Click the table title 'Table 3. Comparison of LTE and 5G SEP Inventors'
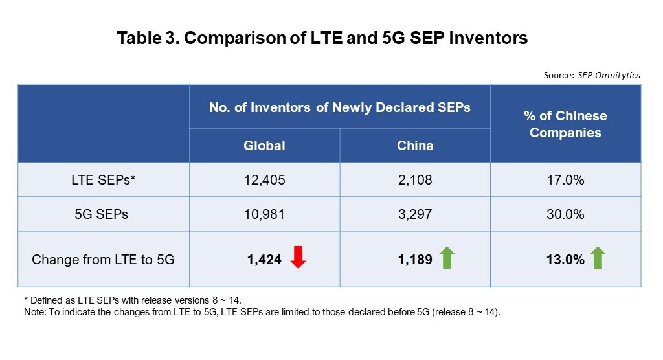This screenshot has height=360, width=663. tap(322, 38)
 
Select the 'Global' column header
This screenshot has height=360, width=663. tap(264, 145)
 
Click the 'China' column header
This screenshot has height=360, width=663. tap(415, 145)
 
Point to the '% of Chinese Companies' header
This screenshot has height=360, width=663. tap(565, 124)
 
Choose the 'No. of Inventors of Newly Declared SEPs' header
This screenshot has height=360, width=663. tap(339, 107)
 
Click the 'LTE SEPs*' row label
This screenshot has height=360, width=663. tap(103, 180)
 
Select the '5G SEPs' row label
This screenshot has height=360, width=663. tap(103, 214)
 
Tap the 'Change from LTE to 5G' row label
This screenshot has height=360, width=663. tap(103, 260)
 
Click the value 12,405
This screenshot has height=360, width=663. tap(264, 180)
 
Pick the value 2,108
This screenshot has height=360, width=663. tap(415, 180)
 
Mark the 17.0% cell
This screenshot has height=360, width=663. tap(565, 180)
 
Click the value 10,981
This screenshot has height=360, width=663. tap(264, 214)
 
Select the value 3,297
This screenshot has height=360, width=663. tap(415, 214)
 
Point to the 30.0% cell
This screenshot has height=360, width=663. tap(565, 214)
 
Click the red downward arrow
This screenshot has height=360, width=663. tap(298, 258)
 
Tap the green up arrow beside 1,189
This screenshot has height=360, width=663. tap(447, 258)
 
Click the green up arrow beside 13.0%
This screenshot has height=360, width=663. tap(598, 258)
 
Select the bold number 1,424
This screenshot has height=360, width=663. tap(264, 260)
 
